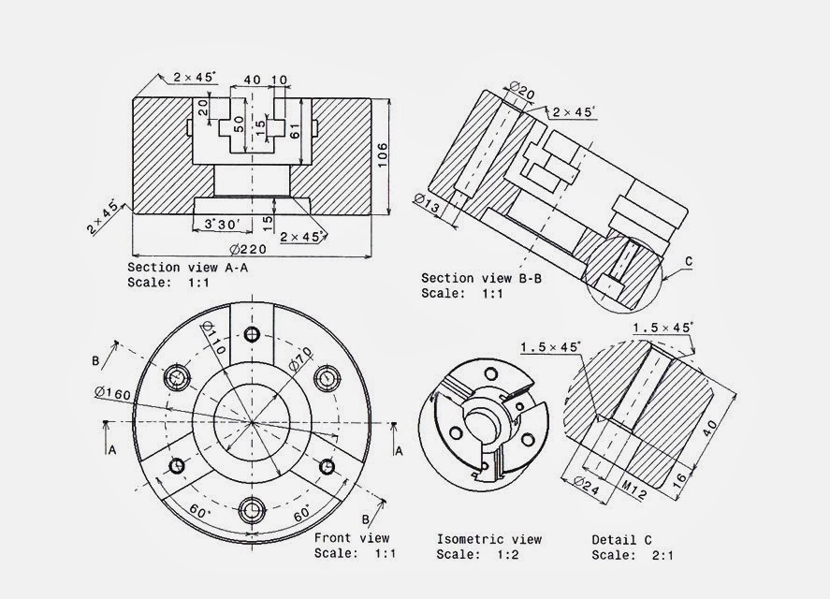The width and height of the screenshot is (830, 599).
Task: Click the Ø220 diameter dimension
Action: point(248,249)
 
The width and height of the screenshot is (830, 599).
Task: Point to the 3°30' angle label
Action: point(223,225)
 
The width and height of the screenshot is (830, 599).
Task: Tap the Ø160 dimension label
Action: point(112,393)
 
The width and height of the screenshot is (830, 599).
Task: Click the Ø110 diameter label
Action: point(214,338)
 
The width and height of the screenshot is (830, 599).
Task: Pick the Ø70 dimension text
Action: point(300,358)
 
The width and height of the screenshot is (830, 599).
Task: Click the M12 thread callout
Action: point(633,490)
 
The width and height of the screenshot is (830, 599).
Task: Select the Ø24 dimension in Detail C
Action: point(587,486)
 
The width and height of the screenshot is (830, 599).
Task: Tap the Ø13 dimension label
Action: point(427,203)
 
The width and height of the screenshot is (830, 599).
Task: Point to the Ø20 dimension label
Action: point(522,91)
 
